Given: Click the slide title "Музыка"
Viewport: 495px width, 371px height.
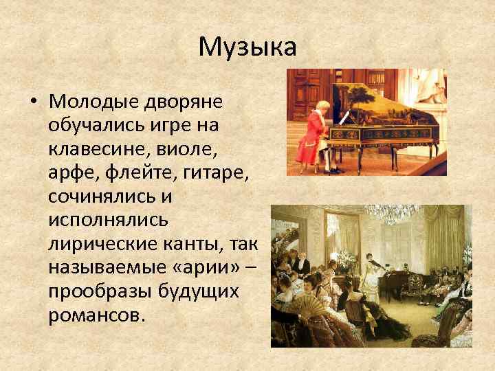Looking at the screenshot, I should (247, 47).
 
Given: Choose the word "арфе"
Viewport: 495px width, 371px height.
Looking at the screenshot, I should (69, 172).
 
